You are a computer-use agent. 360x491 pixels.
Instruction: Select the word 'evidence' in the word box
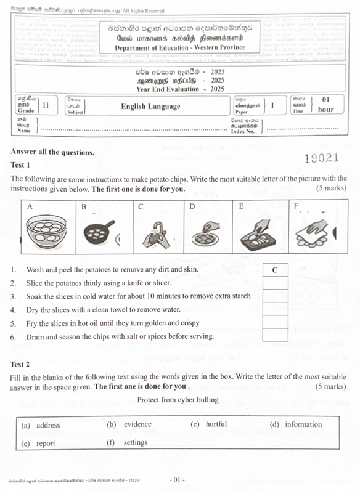pyautogui.click(x=137, y=424)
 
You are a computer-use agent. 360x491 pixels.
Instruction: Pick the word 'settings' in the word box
pyautogui.click(x=135, y=442)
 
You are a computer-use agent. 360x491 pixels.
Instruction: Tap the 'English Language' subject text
pyautogui.click(x=150, y=107)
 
